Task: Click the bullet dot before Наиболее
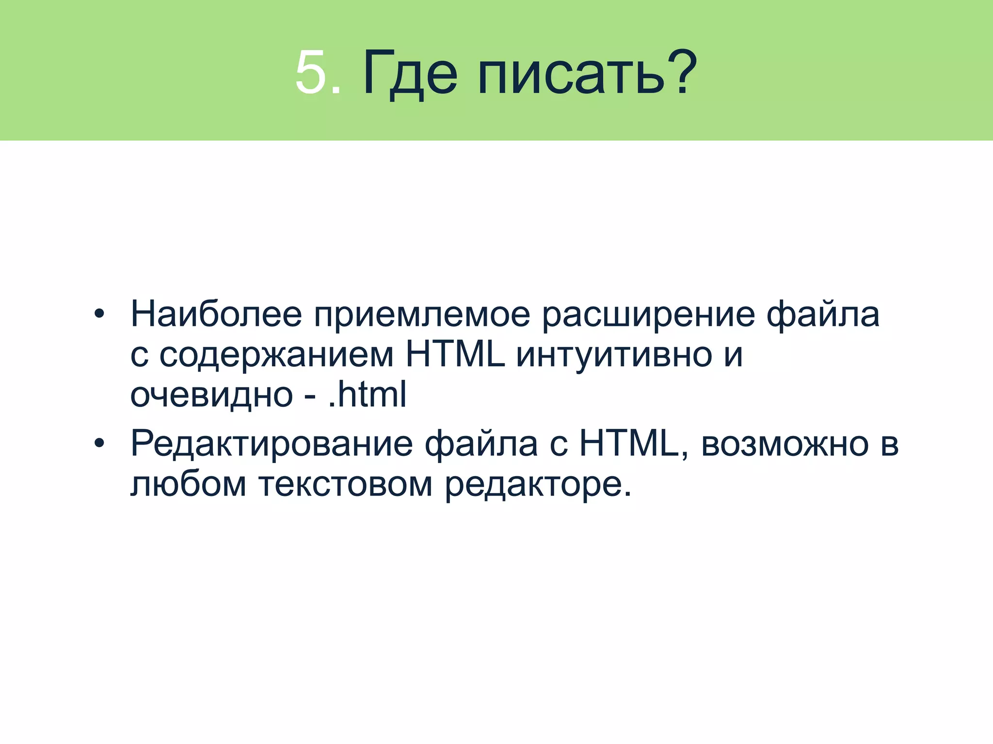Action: click(x=99, y=314)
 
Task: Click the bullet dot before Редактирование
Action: click(x=99, y=443)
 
